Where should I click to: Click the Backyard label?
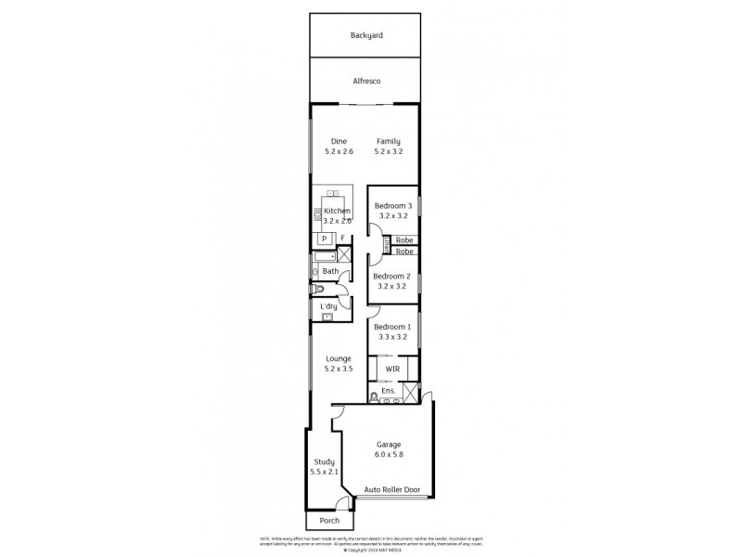pyautogui.click(x=366, y=35)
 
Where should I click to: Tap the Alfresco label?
pyautogui.click(x=366, y=81)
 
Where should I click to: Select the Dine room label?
pyautogui.click(x=339, y=141)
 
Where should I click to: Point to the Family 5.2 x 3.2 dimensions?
pyautogui.click(x=389, y=151)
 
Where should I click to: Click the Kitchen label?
pyautogui.click(x=337, y=212)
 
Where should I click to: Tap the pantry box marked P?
pyautogui.click(x=325, y=238)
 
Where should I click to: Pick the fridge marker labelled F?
pyautogui.click(x=342, y=238)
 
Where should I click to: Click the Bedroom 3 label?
pyautogui.click(x=391, y=204)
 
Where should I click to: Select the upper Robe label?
pyautogui.click(x=403, y=240)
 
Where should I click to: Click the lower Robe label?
pyautogui.click(x=403, y=252)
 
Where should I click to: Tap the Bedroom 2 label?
pyautogui.click(x=391, y=276)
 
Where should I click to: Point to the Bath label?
pyautogui.click(x=329, y=271)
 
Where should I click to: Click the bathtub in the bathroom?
pyautogui.click(x=324, y=255)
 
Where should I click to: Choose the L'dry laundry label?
pyautogui.click(x=327, y=306)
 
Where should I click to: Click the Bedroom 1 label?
pyautogui.click(x=391, y=327)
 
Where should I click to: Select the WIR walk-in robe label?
pyautogui.click(x=392, y=369)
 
